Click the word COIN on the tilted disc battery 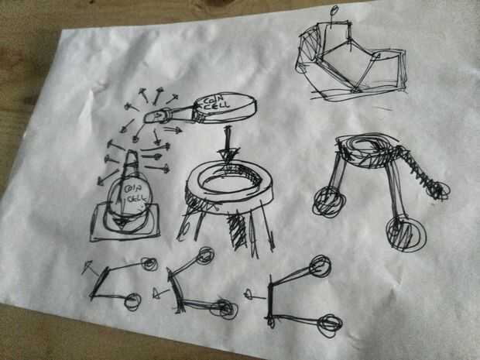point(211,101)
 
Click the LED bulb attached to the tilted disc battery point(156,116)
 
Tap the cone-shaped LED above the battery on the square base point(132,163)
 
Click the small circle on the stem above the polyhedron point(334,10)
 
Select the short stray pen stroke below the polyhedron point(382,108)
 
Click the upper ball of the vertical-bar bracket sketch point(321,266)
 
